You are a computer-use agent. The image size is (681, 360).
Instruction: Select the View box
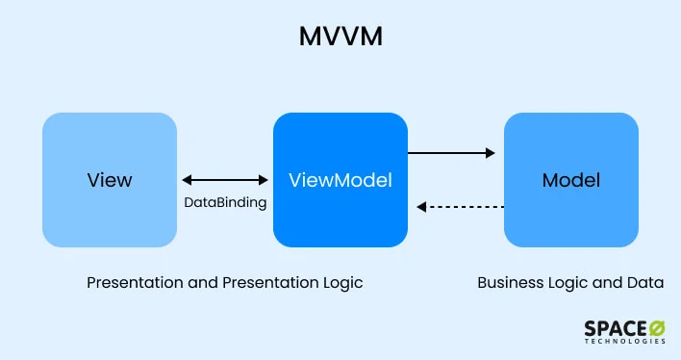click(110, 180)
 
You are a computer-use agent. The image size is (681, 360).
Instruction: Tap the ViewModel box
click(340, 180)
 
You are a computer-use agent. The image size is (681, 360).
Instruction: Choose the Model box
click(571, 180)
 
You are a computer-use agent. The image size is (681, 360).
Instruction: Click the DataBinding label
click(225, 203)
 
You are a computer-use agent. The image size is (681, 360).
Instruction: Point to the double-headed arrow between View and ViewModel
click(225, 180)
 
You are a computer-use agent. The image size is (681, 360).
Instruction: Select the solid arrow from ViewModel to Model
click(451, 152)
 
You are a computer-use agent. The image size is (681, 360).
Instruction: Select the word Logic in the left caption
click(342, 284)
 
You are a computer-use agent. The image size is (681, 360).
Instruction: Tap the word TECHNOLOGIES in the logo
click(624, 343)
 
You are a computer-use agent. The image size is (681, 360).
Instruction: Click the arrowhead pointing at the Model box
click(490, 152)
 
